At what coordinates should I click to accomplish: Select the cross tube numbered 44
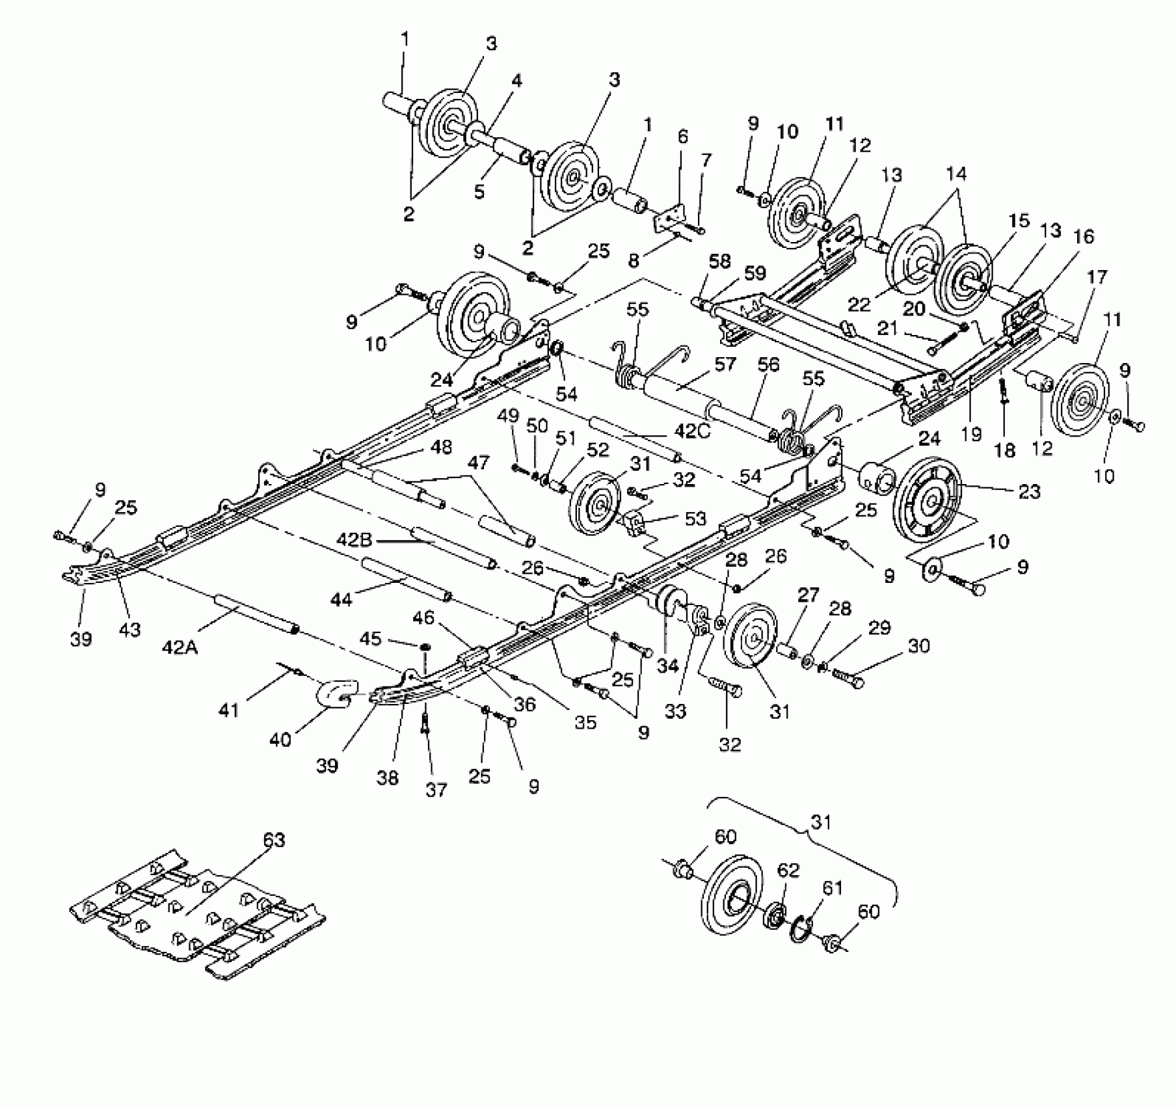point(407,578)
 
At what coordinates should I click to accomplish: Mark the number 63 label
point(274,841)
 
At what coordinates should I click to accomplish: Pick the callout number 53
point(695,518)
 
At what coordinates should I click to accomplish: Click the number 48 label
point(441,448)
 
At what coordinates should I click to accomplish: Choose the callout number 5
point(479,192)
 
